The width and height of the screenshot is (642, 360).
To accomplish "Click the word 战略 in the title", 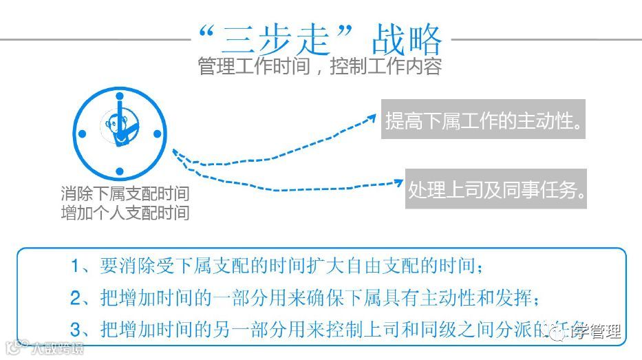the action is tap(406, 40).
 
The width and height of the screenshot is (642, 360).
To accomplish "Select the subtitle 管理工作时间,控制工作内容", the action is tap(319, 67).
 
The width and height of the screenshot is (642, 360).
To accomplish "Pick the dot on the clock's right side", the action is tap(157, 134).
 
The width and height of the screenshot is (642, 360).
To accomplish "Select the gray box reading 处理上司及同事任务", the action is tap(496, 189).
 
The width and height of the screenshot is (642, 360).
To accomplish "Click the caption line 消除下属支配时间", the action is tap(125, 194).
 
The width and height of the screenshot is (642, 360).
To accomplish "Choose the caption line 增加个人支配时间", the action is tap(125, 212).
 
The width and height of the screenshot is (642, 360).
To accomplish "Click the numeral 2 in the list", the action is tap(76, 299).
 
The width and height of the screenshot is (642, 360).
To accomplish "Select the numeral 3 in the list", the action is tap(76, 329).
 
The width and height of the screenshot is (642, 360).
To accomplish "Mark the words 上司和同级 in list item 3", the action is tap(412, 329).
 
